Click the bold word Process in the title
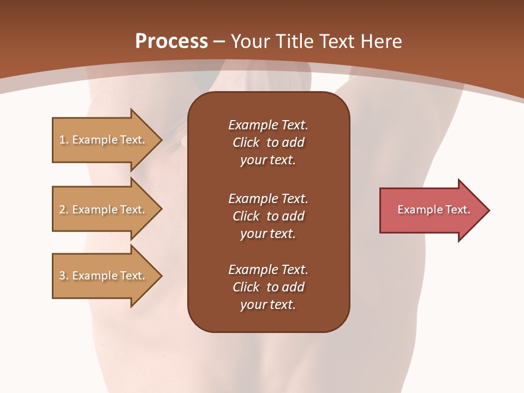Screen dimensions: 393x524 [171, 41]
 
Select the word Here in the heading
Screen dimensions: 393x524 [381, 41]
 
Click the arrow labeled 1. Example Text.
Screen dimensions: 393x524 [104, 140]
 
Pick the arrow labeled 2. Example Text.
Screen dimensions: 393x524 [104, 210]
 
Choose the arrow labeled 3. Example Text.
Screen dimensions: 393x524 [104, 276]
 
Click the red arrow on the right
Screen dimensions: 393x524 [431, 210]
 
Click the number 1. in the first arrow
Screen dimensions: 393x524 [64, 140]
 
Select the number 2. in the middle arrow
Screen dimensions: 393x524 [64, 210]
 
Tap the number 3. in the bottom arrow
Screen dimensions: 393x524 [64, 276]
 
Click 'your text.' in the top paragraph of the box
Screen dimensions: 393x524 [268, 160]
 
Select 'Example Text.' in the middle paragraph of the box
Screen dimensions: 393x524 [268, 199]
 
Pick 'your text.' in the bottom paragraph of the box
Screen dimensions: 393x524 [268, 305]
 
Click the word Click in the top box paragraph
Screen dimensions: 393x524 [246, 143]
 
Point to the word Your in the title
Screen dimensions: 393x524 [251, 41]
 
